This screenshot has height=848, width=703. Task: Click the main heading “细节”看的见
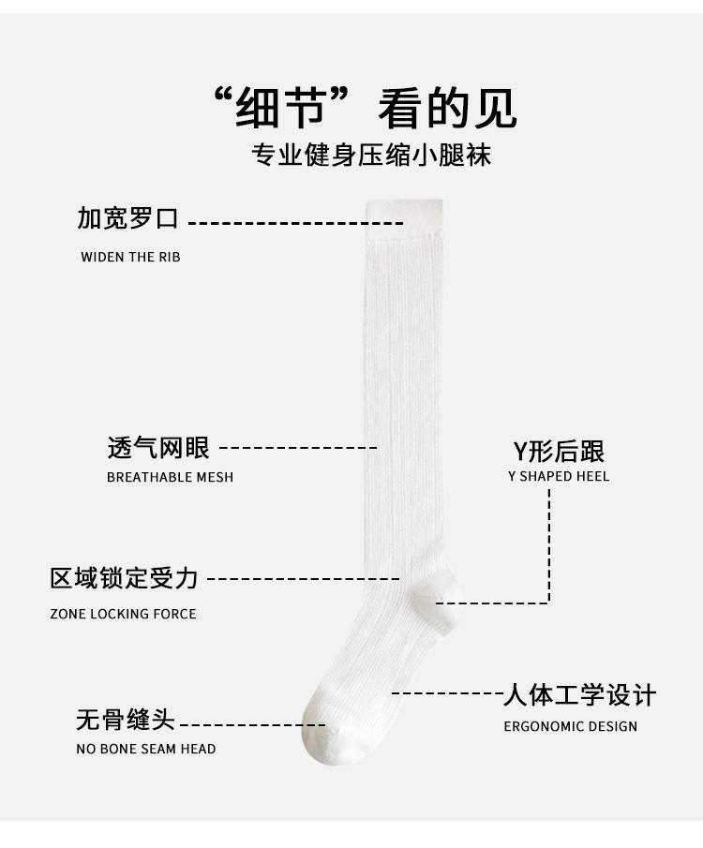365,109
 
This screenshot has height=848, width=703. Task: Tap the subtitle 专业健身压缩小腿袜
371,156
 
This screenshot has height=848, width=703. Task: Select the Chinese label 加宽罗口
127,219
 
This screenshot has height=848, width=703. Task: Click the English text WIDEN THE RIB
130,257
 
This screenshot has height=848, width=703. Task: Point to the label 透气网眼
158,448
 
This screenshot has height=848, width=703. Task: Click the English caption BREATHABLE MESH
170,477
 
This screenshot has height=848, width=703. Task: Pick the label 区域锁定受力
125,578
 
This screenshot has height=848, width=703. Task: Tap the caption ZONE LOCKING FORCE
123,614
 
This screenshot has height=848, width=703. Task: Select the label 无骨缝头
126,721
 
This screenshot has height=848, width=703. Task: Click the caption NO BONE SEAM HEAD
145,749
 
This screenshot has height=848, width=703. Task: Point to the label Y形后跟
559,452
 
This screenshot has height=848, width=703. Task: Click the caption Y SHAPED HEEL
559,476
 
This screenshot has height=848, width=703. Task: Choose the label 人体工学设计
579,695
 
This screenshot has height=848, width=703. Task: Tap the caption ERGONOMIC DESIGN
570,726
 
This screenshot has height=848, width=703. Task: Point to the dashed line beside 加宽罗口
295,223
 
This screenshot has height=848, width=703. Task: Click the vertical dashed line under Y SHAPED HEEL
549,543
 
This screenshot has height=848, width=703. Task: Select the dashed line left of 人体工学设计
446,693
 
